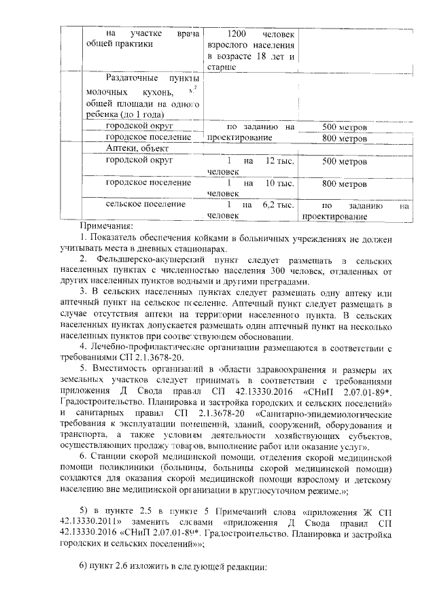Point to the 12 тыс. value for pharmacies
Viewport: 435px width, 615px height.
pos(279,160)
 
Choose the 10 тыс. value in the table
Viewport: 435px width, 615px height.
pos(279,183)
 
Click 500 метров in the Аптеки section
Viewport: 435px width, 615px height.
pos(345,162)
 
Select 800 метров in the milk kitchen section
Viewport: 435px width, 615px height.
pos(345,138)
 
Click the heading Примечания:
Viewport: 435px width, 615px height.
pos(106,226)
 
